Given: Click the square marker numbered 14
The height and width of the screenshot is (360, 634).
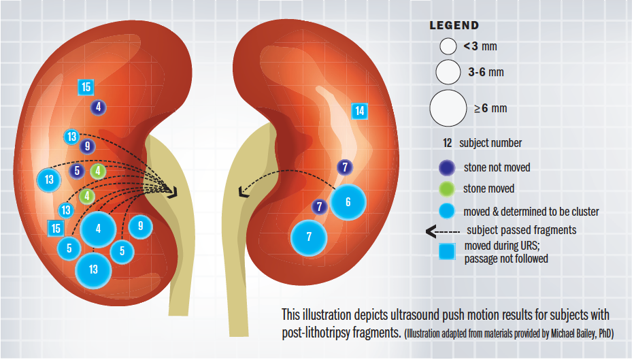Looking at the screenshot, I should coord(360,111).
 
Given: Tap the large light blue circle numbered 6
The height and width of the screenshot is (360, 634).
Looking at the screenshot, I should coord(348,202).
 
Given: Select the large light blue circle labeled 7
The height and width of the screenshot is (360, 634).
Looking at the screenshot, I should coord(309,238).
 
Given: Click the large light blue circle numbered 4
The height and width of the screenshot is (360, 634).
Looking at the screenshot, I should coord(99,229).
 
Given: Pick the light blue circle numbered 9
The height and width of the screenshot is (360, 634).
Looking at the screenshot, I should coord(140,226).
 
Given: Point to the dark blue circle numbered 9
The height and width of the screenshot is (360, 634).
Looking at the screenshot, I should coord(86,146).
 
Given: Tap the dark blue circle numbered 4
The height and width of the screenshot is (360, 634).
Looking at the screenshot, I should coord(99,107).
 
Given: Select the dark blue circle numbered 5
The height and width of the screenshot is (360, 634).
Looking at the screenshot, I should coord(78,171).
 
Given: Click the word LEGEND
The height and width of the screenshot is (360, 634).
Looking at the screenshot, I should coord(454,26).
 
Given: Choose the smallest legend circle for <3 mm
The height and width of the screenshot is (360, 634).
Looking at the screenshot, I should coord(447,47).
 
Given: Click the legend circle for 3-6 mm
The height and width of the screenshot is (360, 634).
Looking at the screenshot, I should coord(448,71).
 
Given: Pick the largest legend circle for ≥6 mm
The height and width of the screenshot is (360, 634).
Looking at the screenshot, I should coord(448,108).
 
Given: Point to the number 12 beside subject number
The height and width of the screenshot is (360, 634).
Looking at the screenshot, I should coord(448,143).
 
